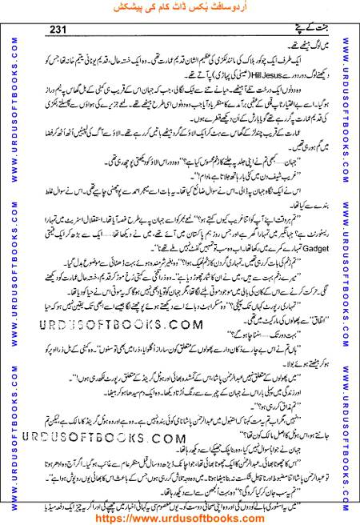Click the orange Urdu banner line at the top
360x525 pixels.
click(180, 9)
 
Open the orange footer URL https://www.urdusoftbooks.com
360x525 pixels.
click(180, 516)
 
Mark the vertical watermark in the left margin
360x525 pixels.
click(10, 264)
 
